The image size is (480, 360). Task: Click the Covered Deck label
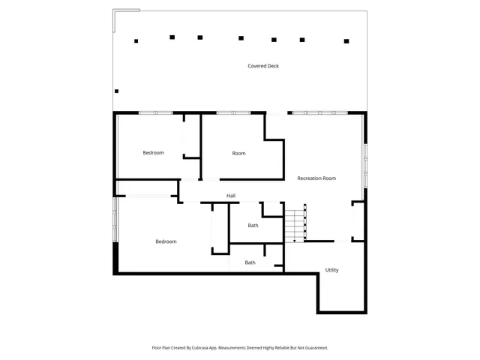[263, 66]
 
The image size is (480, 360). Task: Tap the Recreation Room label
[316, 178]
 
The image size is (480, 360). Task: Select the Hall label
[231, 196]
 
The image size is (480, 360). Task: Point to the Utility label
[331, 270]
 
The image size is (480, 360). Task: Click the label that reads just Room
[238, 154]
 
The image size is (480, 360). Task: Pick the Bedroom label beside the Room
[153, 153]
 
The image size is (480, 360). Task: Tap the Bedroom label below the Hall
[166, 241]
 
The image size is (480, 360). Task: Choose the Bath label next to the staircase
[253, 226]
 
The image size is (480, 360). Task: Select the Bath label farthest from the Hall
[250, 262]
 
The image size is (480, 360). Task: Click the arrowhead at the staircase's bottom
[295, 240]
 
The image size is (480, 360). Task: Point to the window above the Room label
[233, 112]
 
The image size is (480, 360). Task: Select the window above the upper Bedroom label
[156, 112]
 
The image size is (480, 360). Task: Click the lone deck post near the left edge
[116, 91]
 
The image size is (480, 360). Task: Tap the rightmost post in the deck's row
[346, 41]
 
